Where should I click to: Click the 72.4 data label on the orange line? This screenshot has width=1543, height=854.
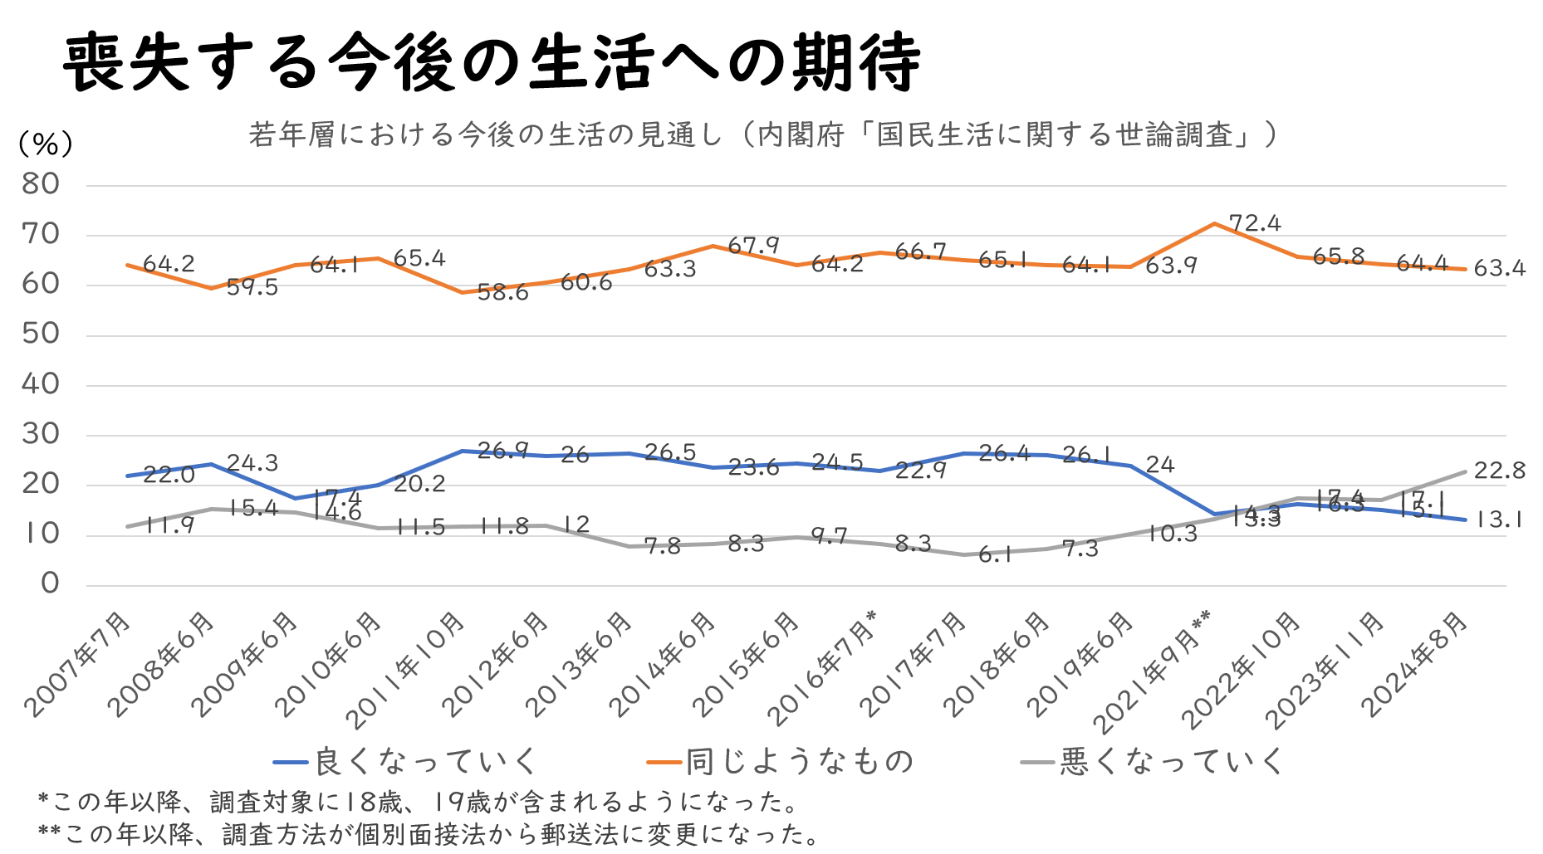pos(1255,223)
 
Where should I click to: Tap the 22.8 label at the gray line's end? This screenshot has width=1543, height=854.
pos(1499,471)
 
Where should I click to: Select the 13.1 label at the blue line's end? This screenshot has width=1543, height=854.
pos(1499,520)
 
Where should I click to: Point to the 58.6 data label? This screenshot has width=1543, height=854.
pos(502,292)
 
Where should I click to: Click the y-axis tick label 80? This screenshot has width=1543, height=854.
pos(41,184)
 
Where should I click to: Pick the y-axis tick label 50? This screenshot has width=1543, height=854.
pos(41,334)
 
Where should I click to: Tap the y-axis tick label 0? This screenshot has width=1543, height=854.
pos(50,583)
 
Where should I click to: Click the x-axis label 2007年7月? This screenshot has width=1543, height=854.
pos(79,664)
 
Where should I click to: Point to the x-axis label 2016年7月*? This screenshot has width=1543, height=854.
pos(822,668)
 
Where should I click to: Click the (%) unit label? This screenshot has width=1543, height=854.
pos(45,144)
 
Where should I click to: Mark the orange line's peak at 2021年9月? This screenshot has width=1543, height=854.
pos(1214,223)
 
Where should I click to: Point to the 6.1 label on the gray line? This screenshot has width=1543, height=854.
pos(995,555)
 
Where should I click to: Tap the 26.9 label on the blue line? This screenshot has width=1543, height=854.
pos(502,451)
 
